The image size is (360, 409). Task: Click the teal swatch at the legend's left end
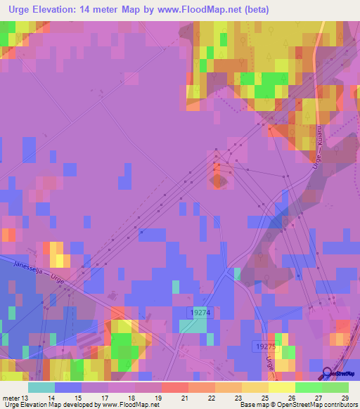point(41,387)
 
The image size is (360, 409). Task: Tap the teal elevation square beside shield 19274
point(188,325)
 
